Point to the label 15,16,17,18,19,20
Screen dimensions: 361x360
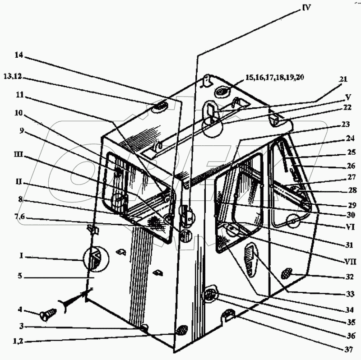tap(274, 78)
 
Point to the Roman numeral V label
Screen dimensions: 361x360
tap(347, 97)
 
